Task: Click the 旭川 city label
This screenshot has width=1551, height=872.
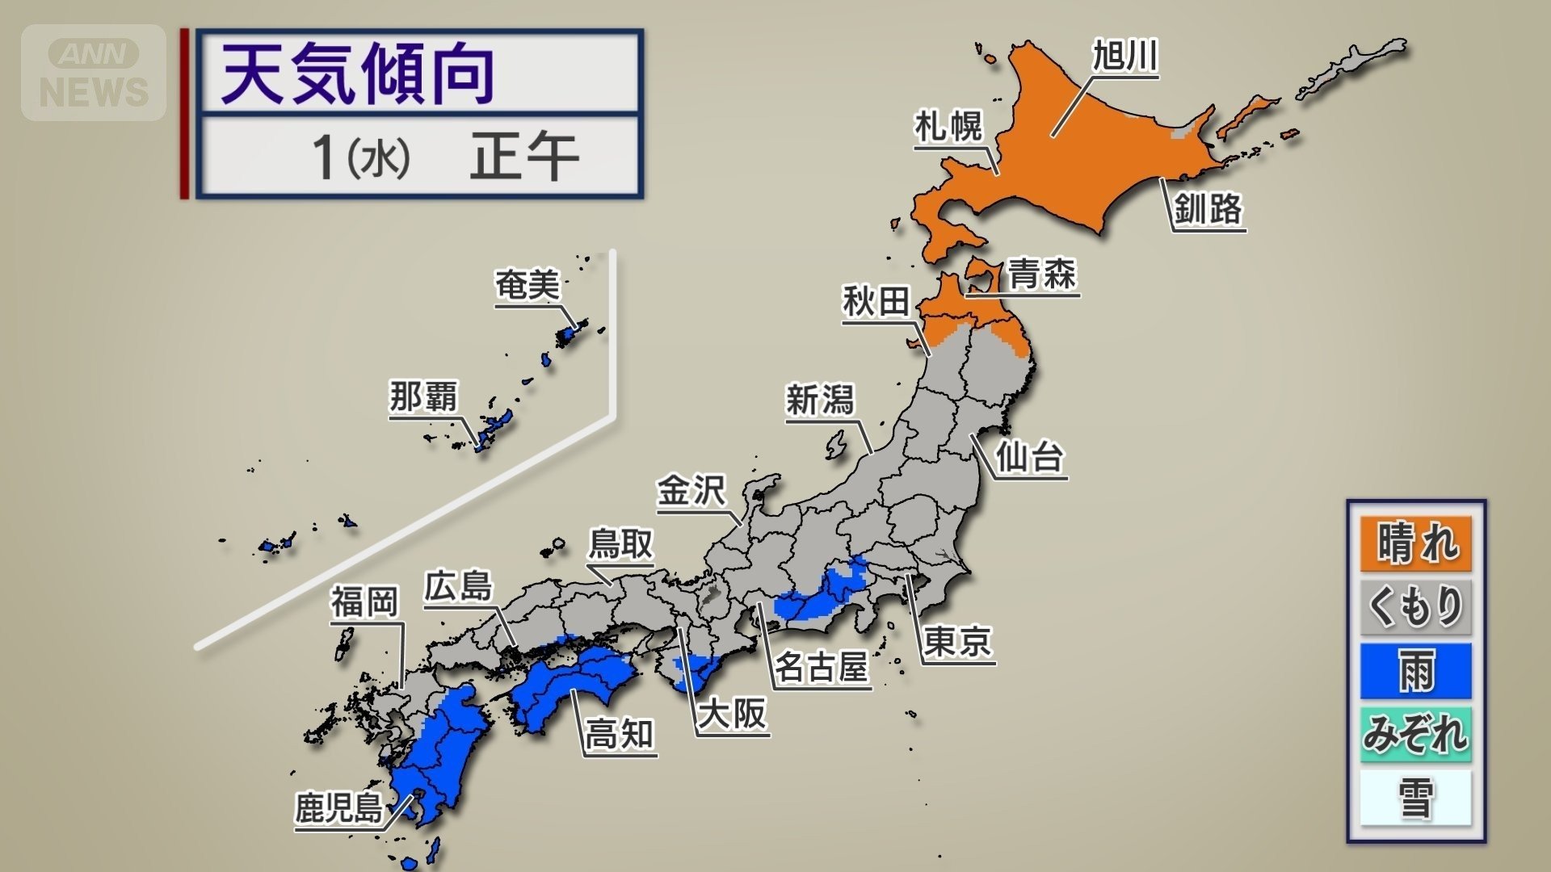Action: (1125, 57)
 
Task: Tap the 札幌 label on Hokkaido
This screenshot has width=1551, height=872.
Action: (948, 127)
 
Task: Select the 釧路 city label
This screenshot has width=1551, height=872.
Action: (1208, 209)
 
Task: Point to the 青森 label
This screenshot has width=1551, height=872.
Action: (1042, 274)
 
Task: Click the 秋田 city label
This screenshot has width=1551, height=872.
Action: (876, 302)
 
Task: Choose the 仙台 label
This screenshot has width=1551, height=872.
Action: (1029, 457)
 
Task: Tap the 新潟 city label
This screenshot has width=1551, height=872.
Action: (819, 400)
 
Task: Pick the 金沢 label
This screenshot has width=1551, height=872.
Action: (691, 491)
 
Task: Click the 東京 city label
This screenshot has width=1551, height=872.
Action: (958, 642)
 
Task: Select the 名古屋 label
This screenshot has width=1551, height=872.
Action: (821, 668)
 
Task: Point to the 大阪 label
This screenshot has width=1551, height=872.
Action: (732, 714)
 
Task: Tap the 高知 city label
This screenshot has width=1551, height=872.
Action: (620, 735)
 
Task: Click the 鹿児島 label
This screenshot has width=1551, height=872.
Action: (338, 807)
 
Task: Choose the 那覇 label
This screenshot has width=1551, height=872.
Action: (423, 397)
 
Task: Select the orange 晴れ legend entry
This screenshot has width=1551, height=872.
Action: (1415, 543)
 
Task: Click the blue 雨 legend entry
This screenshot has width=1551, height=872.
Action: (1415, 671)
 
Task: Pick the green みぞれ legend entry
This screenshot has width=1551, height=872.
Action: (1415, 735)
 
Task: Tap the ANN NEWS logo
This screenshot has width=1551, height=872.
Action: (94, 73)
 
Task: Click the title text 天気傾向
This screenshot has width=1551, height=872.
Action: (358, 74)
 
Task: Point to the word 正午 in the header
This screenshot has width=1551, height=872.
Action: (523, 157)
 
